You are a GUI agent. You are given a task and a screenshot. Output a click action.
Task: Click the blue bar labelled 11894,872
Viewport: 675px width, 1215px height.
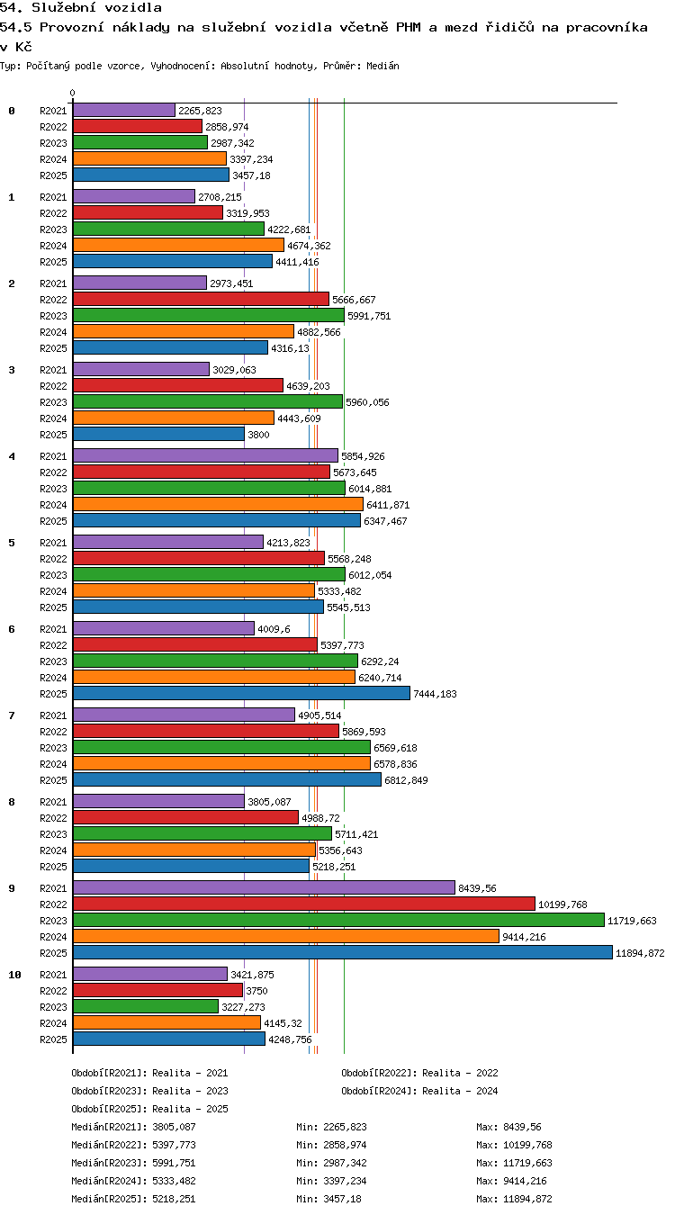click(343, 952)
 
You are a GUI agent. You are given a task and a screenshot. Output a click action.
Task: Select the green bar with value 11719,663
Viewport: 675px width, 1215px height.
click(338, 920)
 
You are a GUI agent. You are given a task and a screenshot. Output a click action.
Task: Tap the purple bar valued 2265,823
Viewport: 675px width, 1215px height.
click(124, 110)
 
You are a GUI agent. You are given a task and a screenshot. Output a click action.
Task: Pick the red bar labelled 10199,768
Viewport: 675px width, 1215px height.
click(304, 904)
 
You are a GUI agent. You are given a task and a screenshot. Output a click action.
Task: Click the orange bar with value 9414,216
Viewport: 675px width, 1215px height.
click(286, 936)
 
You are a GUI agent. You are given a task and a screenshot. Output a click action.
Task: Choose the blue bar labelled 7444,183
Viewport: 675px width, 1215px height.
click(241, 693)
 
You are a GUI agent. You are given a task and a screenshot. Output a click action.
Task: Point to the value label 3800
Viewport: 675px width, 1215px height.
click(258, 435)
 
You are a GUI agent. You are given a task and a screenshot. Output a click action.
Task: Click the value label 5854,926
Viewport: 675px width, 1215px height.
click(363, 456)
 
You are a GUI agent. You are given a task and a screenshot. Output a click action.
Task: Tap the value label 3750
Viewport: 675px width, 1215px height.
click(256, 991)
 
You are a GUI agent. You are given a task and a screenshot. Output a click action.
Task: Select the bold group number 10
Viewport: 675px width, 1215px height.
click(14, 975)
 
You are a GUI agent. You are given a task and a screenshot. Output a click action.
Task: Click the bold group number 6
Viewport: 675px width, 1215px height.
click(12, 629)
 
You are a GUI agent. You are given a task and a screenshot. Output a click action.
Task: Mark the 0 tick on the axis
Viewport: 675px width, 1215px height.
click(72, 94)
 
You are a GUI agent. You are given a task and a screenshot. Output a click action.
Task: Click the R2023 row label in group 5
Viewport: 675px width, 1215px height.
click(53, 575)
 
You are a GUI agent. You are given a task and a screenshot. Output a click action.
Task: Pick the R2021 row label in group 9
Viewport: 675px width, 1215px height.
click(53, 888)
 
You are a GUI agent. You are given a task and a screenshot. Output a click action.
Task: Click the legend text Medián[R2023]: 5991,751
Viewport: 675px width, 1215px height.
click(133, 1163)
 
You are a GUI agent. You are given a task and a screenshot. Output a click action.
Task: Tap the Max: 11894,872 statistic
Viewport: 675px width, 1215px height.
click(514, 1199)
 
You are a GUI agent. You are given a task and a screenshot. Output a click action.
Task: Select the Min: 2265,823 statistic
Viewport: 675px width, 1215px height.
click(331, 1127)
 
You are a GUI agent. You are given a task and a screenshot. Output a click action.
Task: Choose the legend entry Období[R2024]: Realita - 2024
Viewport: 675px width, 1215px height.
click(419, 1091)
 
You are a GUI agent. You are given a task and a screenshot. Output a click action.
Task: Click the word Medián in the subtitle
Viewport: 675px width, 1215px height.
click(382, 66)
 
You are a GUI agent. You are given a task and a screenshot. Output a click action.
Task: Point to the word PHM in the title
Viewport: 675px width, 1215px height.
click(408, 27)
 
